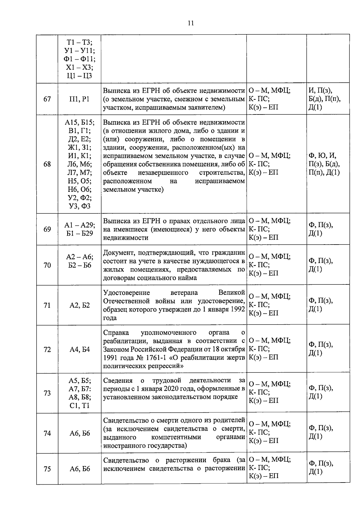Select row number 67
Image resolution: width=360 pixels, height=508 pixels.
tap(47, 99)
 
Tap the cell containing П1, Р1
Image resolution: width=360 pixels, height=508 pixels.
tap(79, 99)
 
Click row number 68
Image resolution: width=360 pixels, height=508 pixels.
tap(47, 164)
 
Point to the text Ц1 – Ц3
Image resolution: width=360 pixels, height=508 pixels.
tap(79, 76)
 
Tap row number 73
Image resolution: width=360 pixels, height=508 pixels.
tap(47, 393)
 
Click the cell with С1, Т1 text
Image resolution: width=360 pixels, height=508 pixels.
tap(79, 406)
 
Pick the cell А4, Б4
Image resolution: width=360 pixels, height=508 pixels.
tap(79, 349)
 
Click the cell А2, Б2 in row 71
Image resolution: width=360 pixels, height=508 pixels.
tap(79, 305)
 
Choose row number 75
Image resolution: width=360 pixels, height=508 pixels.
tap(47, 469)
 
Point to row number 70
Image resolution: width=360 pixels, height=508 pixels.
tap(47, 265)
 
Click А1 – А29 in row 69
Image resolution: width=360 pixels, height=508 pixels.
tap(79, 225)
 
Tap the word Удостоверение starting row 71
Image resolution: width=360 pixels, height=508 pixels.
tap(126, 293)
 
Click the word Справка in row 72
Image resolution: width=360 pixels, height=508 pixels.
tap(116, 332)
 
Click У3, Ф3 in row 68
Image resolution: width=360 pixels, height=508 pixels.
tap(79, 206)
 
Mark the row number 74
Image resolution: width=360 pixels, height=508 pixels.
tap(47, 433)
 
